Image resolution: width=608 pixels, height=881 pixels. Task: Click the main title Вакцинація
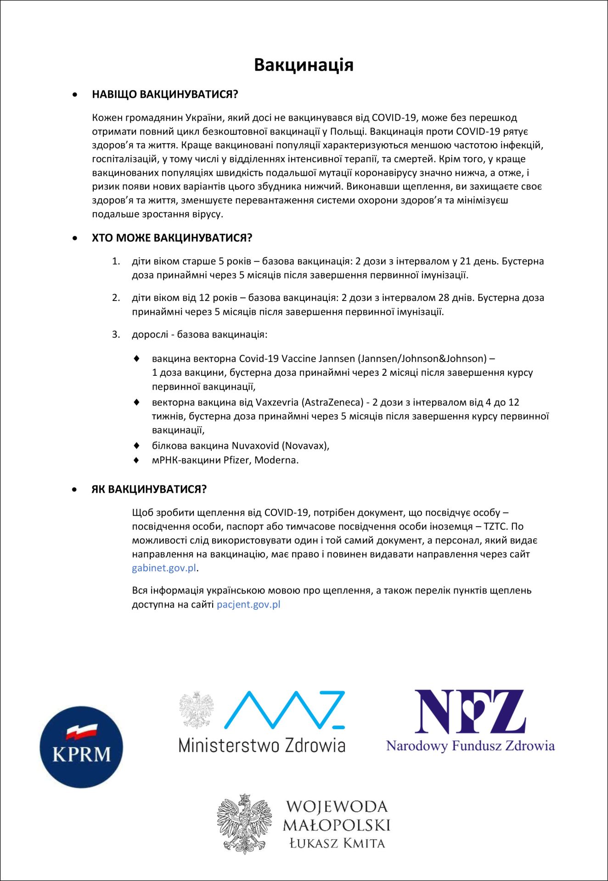point(304,65)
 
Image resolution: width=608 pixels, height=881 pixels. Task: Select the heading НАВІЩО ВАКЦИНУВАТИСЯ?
point(165,95)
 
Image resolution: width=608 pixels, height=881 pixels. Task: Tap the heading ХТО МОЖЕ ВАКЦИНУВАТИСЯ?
point(172,238)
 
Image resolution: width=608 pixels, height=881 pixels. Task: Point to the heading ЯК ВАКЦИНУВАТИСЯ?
point(149,489)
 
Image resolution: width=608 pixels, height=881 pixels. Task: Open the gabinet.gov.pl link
point(164,568)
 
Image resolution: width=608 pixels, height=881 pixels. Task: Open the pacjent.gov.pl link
point(248,604)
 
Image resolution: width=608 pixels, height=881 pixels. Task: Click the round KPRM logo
point(81,747)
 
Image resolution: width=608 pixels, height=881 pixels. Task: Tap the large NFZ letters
point(470,712)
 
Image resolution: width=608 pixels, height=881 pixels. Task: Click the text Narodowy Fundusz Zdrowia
point(470,746)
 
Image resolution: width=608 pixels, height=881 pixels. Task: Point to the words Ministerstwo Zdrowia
point(262,745)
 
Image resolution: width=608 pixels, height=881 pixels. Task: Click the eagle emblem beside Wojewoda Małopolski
point(244,824)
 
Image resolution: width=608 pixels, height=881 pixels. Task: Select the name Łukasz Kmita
point(337,843)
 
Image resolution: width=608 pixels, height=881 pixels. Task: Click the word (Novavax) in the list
point(305,446)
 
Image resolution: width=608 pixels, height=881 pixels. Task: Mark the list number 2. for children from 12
point(116,298)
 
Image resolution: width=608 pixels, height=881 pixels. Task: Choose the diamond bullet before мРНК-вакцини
point(136,460)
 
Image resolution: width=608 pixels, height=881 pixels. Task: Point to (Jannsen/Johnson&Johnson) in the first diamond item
point(422,358)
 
